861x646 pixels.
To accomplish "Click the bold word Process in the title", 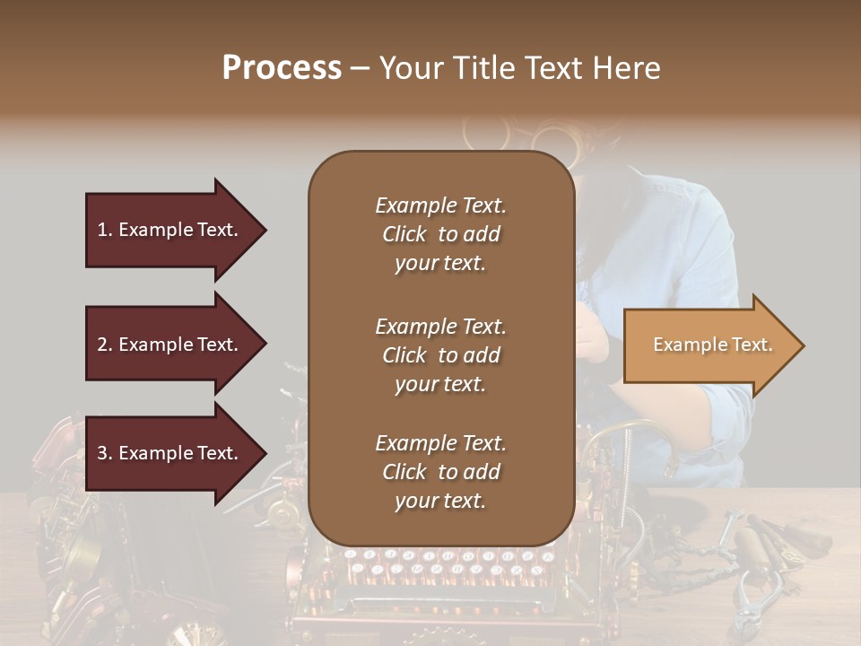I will (282, 68).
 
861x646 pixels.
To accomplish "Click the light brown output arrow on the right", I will (709, 345).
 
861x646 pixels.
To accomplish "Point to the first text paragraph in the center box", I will (440, 234).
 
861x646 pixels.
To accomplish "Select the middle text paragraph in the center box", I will (440, 355).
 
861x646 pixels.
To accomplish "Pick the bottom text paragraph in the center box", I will (440, 472).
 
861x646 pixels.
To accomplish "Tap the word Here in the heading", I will (627, 68).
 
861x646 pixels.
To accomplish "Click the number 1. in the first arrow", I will (105, 230).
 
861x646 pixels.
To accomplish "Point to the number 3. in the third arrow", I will (105, 453).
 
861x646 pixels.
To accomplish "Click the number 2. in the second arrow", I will (105, 345).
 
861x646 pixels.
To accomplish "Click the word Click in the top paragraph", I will (404, 234).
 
